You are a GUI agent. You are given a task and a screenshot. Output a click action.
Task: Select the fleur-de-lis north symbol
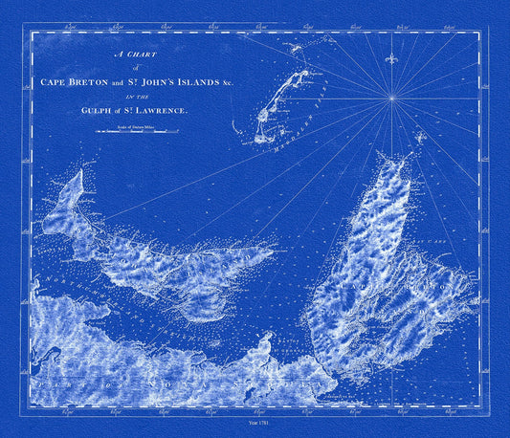tap(389, 60)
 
